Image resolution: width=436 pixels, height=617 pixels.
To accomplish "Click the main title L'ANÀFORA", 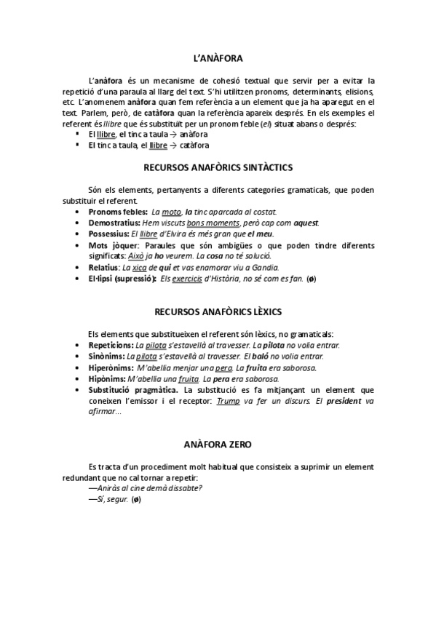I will click(x=218, y=57).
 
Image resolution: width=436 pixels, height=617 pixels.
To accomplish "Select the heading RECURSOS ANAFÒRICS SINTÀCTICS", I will click(x=218, y=167).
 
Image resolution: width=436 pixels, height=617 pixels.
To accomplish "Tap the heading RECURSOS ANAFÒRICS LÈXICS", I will click(x=218, y=312).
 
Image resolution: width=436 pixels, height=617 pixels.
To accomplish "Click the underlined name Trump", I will click(x=229, y=401).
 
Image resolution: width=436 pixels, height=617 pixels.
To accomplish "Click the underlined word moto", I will click(x=171, y=211).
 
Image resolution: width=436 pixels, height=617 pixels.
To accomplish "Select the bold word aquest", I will click(x=306, y=222).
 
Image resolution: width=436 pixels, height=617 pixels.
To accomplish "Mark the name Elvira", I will click(x=180, y=234).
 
